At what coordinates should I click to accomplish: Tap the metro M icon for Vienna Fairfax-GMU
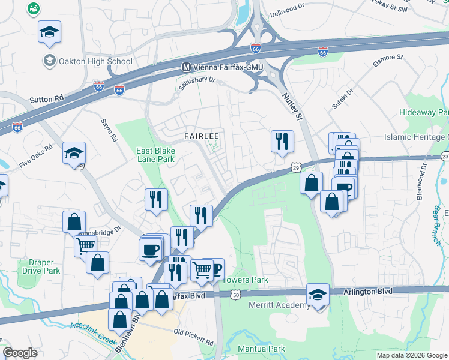point(186,67)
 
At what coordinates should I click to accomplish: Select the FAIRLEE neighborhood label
point(201,136)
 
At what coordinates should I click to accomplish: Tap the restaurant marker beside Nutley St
point(282,142)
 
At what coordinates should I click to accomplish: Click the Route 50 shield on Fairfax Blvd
point(236,295)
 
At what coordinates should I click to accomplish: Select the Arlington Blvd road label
point(368,291)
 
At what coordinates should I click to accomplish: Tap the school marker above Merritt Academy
point(318,295)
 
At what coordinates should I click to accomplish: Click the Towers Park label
point(245,280)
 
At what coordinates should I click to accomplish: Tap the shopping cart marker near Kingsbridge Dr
point(86,245)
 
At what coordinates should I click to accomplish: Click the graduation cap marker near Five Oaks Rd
point(74,153)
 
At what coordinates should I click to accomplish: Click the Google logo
point(20,352)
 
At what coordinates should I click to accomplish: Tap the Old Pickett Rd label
point(193,337)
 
